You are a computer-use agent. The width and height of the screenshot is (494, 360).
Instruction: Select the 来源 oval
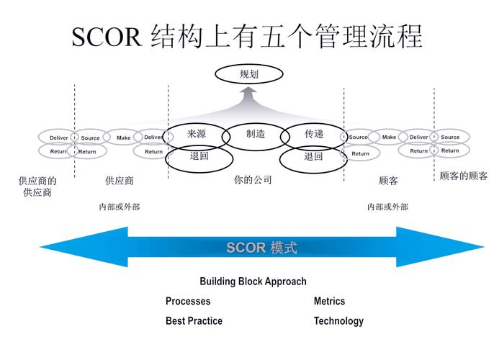pyautogui.click(x=197, y=135)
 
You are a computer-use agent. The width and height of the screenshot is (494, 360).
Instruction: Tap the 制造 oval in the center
pyautogui.click(x=256, y=135)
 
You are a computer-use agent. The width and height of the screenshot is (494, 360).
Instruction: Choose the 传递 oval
pyautogui.click(x=313, y=135)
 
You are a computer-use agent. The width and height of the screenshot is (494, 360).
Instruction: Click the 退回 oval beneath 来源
pyautogui.click(x=199, y=157)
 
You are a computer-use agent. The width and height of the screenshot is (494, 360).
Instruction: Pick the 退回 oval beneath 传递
pyautogui.click(x=313, y=158)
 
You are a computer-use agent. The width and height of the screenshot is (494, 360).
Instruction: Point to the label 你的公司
pyautogui.click(x=253, y=180)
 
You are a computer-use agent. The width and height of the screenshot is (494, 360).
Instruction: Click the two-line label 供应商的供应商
pyautogui.click(x=37, y=186)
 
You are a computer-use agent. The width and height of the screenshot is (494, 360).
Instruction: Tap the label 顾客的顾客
pyautogui.click(x=463, y=176)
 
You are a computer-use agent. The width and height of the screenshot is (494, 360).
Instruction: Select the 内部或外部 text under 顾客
pyautogui.click(x=387, y=207)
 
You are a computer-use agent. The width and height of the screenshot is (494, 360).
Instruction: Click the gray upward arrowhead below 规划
pyautogui.click(x=248, y=94)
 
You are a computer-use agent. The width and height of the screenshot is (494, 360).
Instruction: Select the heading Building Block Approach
pyautogui.click(x=253, y=282)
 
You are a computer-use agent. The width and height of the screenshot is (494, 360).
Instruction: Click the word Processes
pyautogui.click(x=188, y=301)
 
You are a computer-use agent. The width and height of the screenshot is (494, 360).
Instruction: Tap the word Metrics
pyautogui.click(x=329, y=301)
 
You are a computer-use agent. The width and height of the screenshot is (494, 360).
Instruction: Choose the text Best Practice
pyautogui.click(x=194, y=321)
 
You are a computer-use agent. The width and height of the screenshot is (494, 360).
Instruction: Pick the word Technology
pyautogui.click(x=338, y=321)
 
